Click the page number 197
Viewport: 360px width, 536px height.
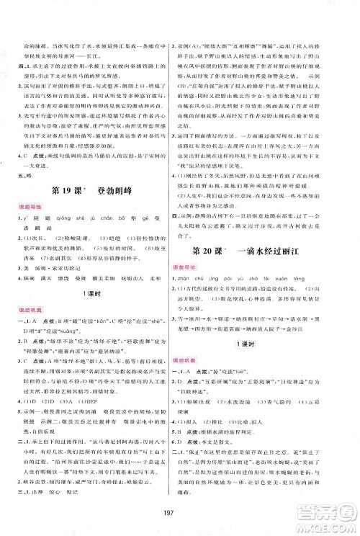tap(179, 513)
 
